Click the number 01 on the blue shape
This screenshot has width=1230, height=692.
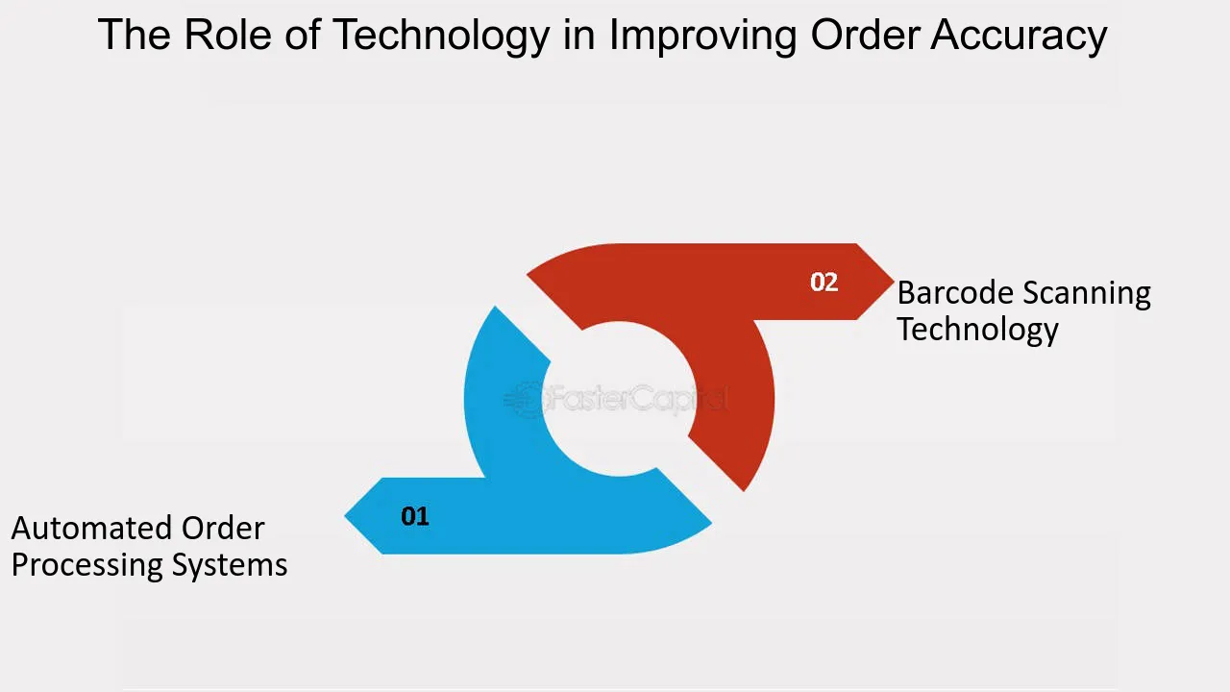(x=415, y=516)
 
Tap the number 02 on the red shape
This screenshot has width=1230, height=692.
(x=824, y=282)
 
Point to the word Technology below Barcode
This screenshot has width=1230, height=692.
(x=977, y=330)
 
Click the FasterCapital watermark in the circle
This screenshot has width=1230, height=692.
(x=617, y=399)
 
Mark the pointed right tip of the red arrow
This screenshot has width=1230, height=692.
(x=893, y=282)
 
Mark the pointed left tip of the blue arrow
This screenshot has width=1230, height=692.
(x=346, y=516)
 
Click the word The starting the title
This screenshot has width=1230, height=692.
(x=133, y=35)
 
